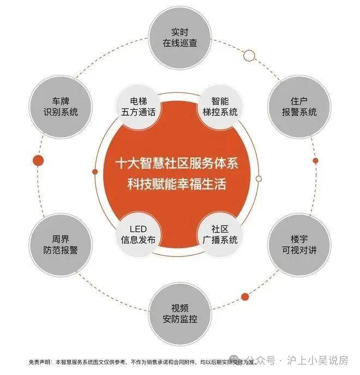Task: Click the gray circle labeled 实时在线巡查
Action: [x=180, y=38]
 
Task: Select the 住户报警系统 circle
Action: [x=299, y=107]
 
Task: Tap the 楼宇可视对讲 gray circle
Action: [x=299, y=245]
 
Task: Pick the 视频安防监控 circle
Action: [x=180, y=314]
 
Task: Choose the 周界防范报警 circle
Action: [x=61, y=245]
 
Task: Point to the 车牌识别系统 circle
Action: [x=61, y=107]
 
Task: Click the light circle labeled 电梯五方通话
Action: [x=138, y=107]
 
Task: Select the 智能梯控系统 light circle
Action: [x=220, y=107]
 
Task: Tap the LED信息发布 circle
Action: [x=138, y=235]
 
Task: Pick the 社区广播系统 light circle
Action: [x=220, y=235]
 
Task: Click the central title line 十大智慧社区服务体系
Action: [x=177, y=164]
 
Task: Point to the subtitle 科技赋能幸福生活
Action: [x=177, y=184]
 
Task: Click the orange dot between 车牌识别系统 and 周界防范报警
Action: [x=38, y=160]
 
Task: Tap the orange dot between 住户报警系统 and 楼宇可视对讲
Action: [x=315, y=160]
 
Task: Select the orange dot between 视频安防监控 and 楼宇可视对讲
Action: [x=245, y=297]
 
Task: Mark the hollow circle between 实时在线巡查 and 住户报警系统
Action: [x=249, y=56]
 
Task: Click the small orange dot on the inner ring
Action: [x=95, y=172]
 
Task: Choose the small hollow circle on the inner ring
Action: [x=259, y=178]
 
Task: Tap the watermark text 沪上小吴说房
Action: [x=317, y=360]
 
